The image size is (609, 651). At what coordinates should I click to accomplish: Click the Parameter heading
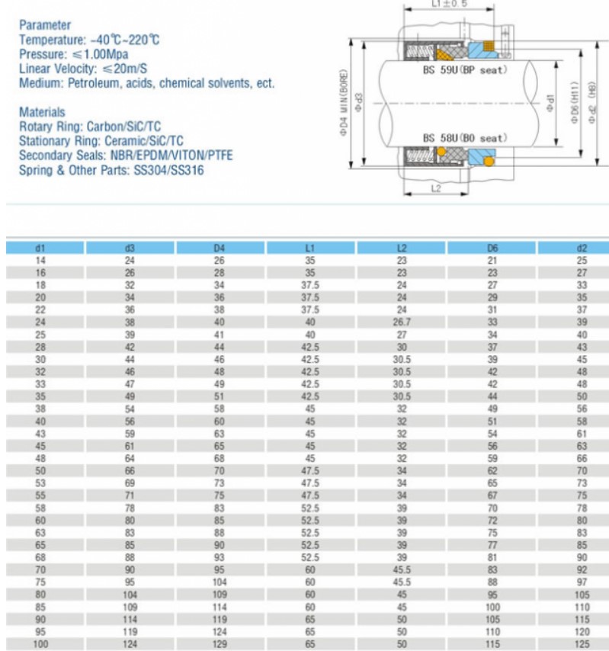(45, 25)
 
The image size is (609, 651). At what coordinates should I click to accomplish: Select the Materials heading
(42, 112)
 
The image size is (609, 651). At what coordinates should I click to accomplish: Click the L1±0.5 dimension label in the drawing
(449, 4)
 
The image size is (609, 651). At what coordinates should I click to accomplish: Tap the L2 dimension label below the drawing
(435, 188)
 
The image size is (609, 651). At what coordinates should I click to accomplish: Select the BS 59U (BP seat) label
(464, 70)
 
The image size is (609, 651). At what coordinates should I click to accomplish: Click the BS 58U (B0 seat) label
(464, 138)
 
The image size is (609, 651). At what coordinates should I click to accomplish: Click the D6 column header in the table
(492, 248)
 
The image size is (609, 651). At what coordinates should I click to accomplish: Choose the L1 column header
(310, 248)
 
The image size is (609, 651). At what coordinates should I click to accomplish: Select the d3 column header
(130, 248)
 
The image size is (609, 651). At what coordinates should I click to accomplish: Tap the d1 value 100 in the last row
(40, 645)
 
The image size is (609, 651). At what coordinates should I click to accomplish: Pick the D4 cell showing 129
(220, 645)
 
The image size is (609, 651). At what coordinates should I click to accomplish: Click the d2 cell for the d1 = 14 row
(582, 261)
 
